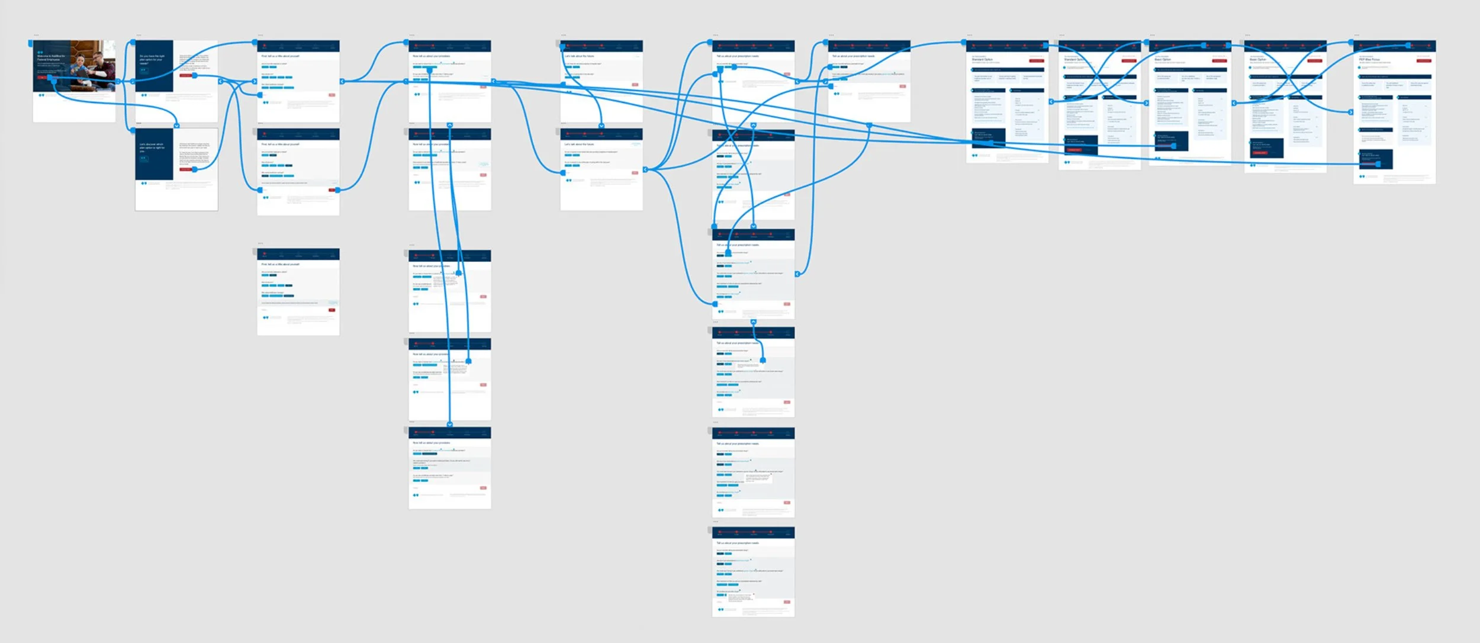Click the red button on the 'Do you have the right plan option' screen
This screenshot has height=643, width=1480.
pyautogui.click(x=186, y=76)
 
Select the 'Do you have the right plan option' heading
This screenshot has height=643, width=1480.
pyautogui.click(x=152, y=59)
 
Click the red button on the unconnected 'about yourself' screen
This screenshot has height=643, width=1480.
pyautogui.click(x=332, y=310)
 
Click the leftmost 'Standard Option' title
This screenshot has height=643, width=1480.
pyautogui.click(x=982, y=59)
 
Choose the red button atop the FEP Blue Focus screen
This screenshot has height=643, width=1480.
pyautogui.click(x=1423, y=60)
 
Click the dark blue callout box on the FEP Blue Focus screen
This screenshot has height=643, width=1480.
pyautogui.click(x=1376, y=158)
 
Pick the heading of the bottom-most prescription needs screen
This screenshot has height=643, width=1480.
pyautogui.click(x=738, y=543)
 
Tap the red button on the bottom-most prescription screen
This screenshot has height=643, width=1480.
pyautogui.click(x=787, y=602)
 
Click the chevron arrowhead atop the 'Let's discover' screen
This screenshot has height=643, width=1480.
pyautogui.click(x=176, y=126)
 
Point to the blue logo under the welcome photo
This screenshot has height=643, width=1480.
pyautogui.click(x=41, y=95)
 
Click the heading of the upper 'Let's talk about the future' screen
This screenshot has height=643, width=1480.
pyautogui.click(x=579, y=56)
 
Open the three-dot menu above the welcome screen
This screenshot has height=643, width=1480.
pyautogui.click(x=36, y=36)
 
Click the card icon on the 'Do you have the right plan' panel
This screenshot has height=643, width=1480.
pyautogui.click(x=143, y=70)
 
